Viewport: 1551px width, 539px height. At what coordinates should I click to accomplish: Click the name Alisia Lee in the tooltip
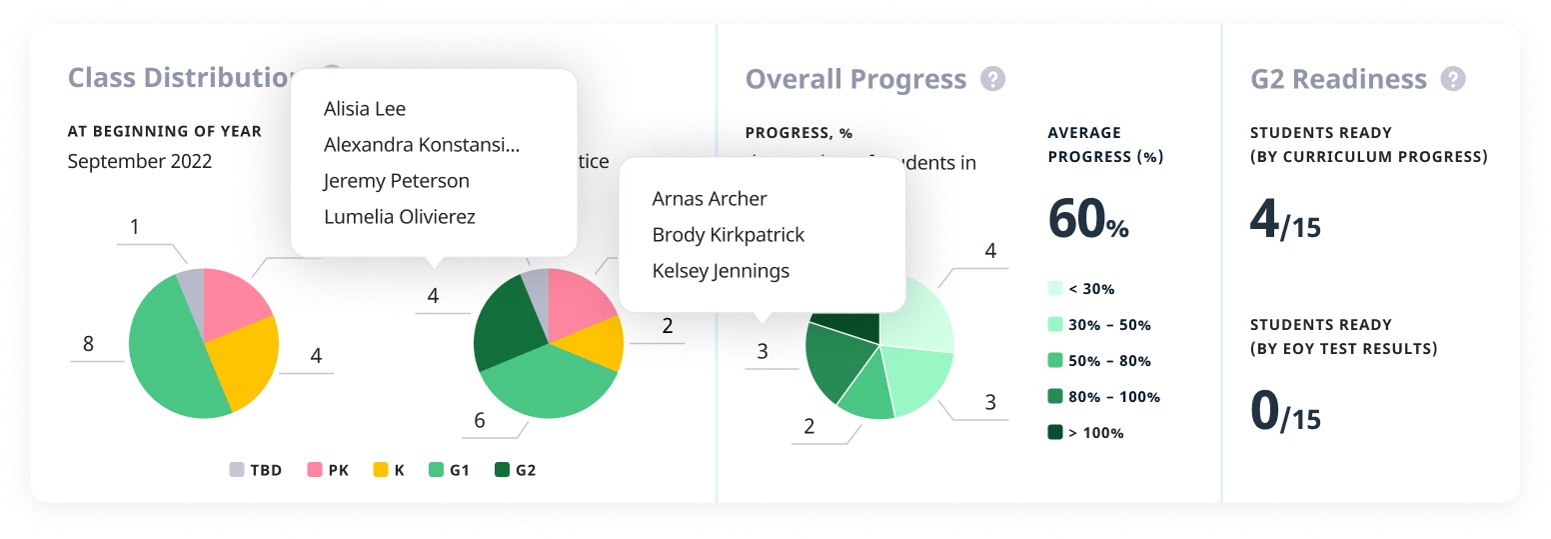coord(365,109)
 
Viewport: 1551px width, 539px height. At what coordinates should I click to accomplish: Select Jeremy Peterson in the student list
coord(396,181)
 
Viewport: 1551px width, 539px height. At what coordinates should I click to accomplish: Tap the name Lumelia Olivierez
coord(399,217)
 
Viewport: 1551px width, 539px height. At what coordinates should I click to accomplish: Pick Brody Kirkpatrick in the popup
coord(728,235)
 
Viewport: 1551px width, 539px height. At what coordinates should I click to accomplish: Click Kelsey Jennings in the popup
coord(720,271)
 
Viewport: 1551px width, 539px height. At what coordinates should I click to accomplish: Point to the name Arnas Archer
coord(709,199)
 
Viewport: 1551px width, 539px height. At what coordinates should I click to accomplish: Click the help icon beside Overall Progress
coord(991,79)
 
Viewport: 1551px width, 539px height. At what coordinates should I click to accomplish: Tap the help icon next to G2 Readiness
coord(1453,79)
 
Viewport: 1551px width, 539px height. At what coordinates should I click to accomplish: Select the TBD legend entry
coord(256,470)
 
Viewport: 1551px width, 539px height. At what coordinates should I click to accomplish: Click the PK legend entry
coord(328,470)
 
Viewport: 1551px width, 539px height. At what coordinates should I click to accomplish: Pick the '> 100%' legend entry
coord(1085,433)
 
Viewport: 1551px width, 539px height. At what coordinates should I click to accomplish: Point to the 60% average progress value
coord(1087,219)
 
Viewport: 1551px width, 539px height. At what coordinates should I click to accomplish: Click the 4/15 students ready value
coord(1285,221)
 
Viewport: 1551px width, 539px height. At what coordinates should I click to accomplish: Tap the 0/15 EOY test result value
coord(1285,411)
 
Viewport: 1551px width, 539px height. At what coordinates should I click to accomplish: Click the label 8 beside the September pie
coord(88,344)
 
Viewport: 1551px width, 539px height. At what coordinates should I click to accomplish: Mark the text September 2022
coord(140,161)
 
